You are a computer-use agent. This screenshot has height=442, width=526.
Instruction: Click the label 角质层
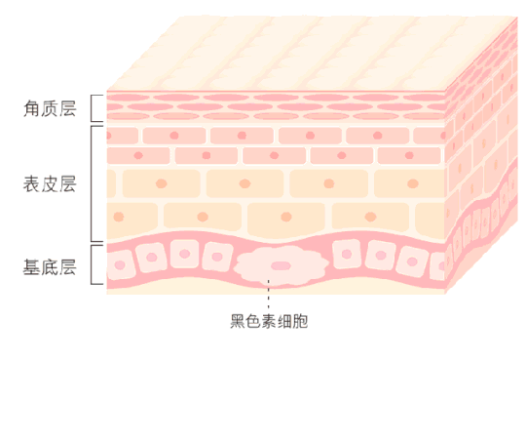click(50, 108)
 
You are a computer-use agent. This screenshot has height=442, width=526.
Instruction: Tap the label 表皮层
click(50, 183)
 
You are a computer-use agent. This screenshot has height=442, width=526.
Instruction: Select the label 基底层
click(50, 267)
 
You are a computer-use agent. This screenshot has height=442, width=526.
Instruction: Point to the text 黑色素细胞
click(269, 321)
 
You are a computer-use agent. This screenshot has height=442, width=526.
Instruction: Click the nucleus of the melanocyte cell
click(281, 265)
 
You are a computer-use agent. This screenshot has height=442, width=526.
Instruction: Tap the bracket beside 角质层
click(92, 108)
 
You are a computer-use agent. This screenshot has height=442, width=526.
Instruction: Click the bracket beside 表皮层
click(92, 183)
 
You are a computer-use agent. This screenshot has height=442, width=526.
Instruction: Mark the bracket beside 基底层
click(92, 264)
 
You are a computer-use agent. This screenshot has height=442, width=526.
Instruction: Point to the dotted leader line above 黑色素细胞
click(269, 294)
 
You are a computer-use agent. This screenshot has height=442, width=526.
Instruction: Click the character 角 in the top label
click(32, 108)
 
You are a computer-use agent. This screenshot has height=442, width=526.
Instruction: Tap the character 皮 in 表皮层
click(50, 183)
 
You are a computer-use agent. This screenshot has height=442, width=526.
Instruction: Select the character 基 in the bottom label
click(32, 267)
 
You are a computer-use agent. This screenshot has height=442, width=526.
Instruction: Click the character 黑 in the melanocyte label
click(238, 321)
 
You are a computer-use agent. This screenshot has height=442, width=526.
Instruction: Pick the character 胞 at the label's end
click(300, 321)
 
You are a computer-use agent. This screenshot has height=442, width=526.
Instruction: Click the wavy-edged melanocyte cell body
click(282, 265)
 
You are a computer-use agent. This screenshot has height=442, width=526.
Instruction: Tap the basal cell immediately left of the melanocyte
click(217, 257)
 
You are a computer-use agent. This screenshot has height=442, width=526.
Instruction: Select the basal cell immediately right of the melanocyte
click(347, 254)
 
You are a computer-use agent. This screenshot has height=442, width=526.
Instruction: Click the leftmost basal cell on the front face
click(120, 264)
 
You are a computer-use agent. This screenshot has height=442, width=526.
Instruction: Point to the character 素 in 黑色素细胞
click(269, 321)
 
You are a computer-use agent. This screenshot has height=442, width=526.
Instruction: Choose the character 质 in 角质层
click(50, 108)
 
